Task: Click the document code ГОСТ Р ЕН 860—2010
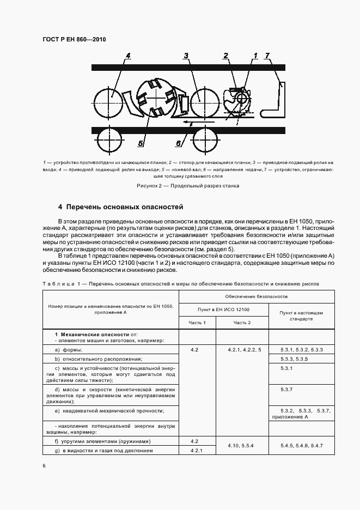pyautogui.click(x=75, y=40)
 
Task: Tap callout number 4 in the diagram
pyautogui.click(x=128, y=56)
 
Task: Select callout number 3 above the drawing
pyautogui.click(x=186, y=56)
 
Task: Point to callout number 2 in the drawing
pyautogui.click(x=225, y=56)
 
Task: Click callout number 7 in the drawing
pyautogui.click(x=267, y=56)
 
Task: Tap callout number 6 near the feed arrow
pyautogui.click(x=178, y=143)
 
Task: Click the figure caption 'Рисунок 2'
pyautogui.click(x=188, y=186)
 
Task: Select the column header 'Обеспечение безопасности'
pyautogui.click(x=256, y=296)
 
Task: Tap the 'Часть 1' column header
pyautogui.click(x=197, y=323)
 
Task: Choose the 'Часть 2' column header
pyautogui.click(x=242, y=323)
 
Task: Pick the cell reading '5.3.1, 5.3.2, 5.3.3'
pyautogui.click(x=302, y=349)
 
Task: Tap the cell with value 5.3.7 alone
pyautogui.click(x=287, y=390)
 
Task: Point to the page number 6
pyautogui.click(x=44, y=466)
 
